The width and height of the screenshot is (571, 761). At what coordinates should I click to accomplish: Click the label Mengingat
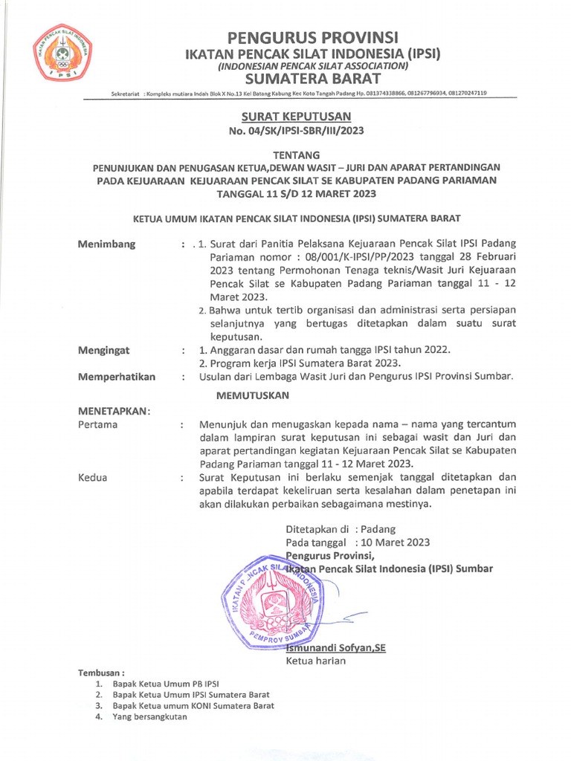[105, 349]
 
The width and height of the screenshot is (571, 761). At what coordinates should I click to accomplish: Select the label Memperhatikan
[117, 377]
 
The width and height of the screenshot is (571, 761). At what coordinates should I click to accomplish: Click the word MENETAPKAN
[114, 410]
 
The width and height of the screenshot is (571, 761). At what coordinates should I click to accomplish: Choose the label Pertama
[98, 424]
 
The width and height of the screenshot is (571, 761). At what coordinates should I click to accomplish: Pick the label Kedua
[93, 477]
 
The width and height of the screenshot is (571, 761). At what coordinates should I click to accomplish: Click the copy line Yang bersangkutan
[150, 717]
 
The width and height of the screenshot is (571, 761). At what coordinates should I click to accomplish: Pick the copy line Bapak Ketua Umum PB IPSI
[166, 682]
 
